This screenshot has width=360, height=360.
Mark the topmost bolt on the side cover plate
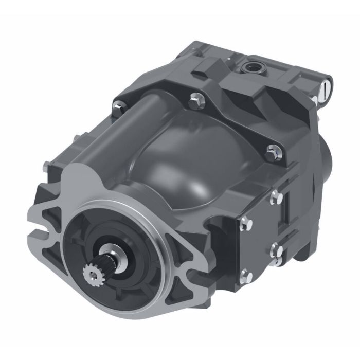pyautogui.click(x=276, y=195)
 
